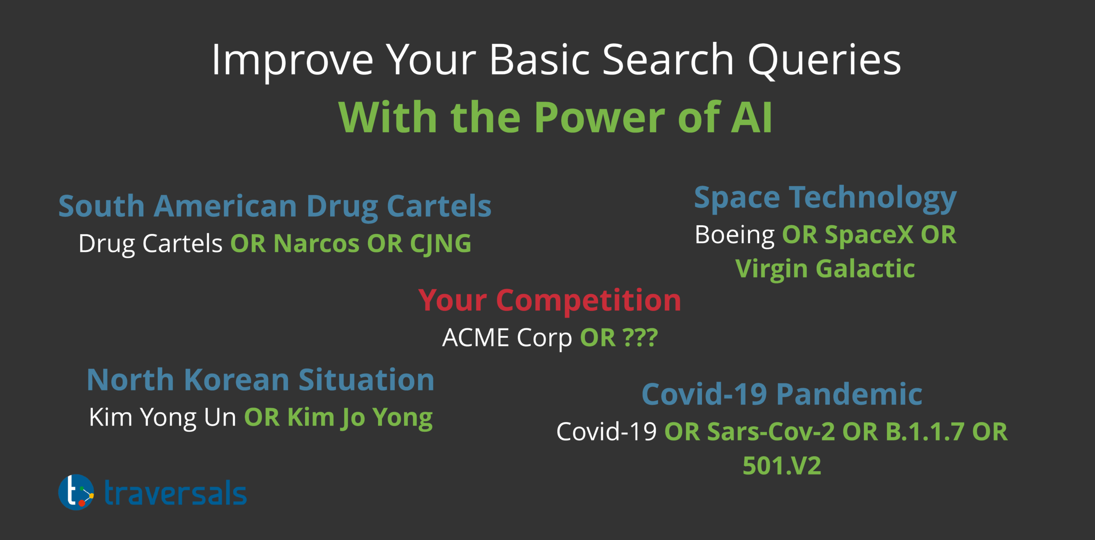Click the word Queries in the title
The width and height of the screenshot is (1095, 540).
click(824, 60)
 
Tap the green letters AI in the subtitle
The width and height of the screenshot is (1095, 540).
click(752, 117)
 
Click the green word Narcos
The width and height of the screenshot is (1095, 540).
click(317, 243)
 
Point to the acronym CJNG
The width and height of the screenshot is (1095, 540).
click(441, 244)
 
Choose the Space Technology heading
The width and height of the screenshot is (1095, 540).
click(826, 198)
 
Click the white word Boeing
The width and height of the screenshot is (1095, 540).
click(735, 236)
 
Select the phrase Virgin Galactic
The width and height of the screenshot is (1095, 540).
click(825, 269)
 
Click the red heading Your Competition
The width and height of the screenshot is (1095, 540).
click(550, 301)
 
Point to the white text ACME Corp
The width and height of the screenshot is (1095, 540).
click(507, 338)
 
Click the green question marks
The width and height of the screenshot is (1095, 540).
click(640, 337)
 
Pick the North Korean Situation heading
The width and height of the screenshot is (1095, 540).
click(260, 380)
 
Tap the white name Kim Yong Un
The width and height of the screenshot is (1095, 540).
click(163, 418)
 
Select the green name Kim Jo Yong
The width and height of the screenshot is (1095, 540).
click(360, 418)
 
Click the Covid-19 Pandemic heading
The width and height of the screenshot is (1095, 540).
click(782, 394)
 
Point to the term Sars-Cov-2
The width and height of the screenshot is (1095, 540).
click(771, 432)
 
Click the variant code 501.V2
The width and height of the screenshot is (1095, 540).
click(782, 466)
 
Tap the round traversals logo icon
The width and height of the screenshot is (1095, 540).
click(76, 492)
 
